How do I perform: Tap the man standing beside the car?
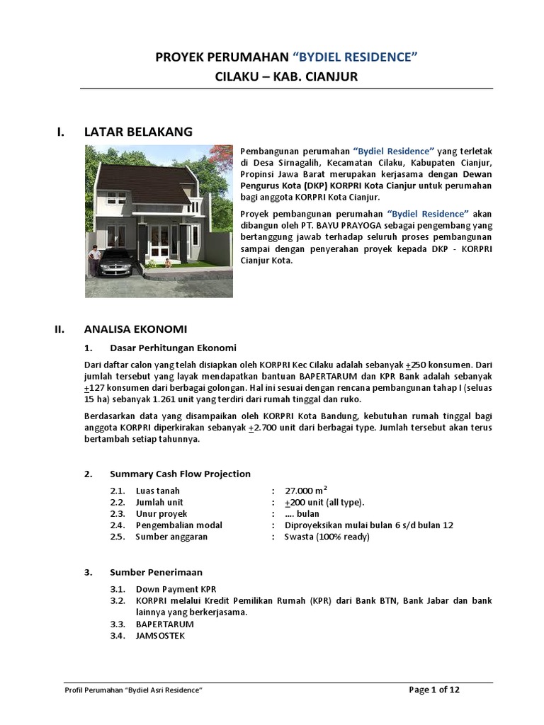click(x=94, y=259)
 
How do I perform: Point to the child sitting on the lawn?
click(x=167, y=263)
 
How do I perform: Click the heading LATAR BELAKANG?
click(x=137, y=132)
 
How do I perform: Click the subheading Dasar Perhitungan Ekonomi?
click(x=173, y=348)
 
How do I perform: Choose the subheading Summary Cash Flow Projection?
click(x=180, y=474)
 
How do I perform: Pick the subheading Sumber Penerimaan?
click(x=156, y=571)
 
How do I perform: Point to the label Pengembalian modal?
click(x=178, y=525)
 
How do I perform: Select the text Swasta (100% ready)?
click(x=327, y=537)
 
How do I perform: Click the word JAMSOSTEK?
click(x=161, y=636)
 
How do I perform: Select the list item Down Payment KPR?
click(x=176, y=589)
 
